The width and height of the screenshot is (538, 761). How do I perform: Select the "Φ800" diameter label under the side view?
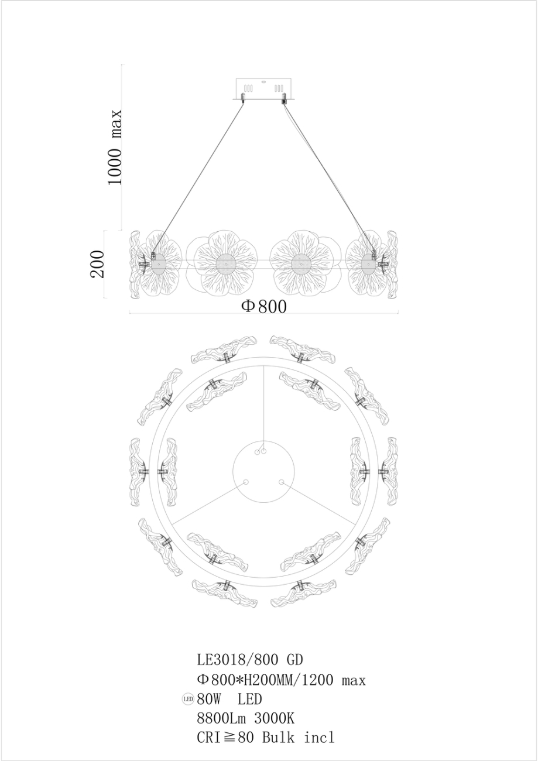point(264,307)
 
